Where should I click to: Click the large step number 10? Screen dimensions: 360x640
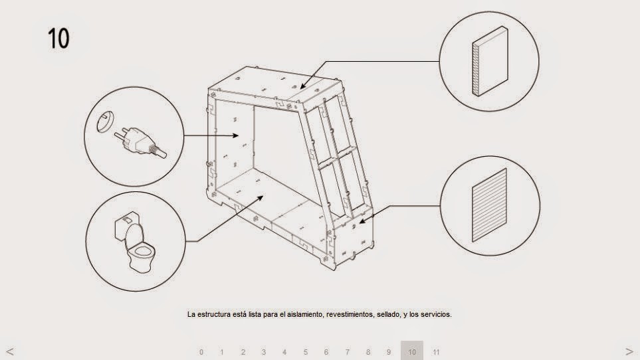[58, 38]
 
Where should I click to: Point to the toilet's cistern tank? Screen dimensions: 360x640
[126, 224]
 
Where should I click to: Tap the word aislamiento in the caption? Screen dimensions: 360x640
[304, 315]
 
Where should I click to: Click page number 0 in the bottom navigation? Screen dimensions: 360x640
[201, 352]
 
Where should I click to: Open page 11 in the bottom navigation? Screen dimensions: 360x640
[436, 352]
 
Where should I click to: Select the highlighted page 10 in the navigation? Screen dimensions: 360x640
[412, 351]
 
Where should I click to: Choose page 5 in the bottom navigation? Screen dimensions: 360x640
[306, 352]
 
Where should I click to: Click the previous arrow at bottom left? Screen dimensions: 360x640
[9, 351]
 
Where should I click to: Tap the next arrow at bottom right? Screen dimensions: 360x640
[629, 351]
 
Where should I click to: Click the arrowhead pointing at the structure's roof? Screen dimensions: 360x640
[302, 86]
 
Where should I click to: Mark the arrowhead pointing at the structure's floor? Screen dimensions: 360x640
[262, 197]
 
